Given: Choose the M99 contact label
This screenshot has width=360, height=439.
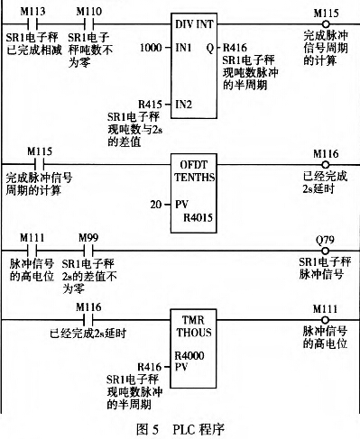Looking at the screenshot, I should pos(88,235).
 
